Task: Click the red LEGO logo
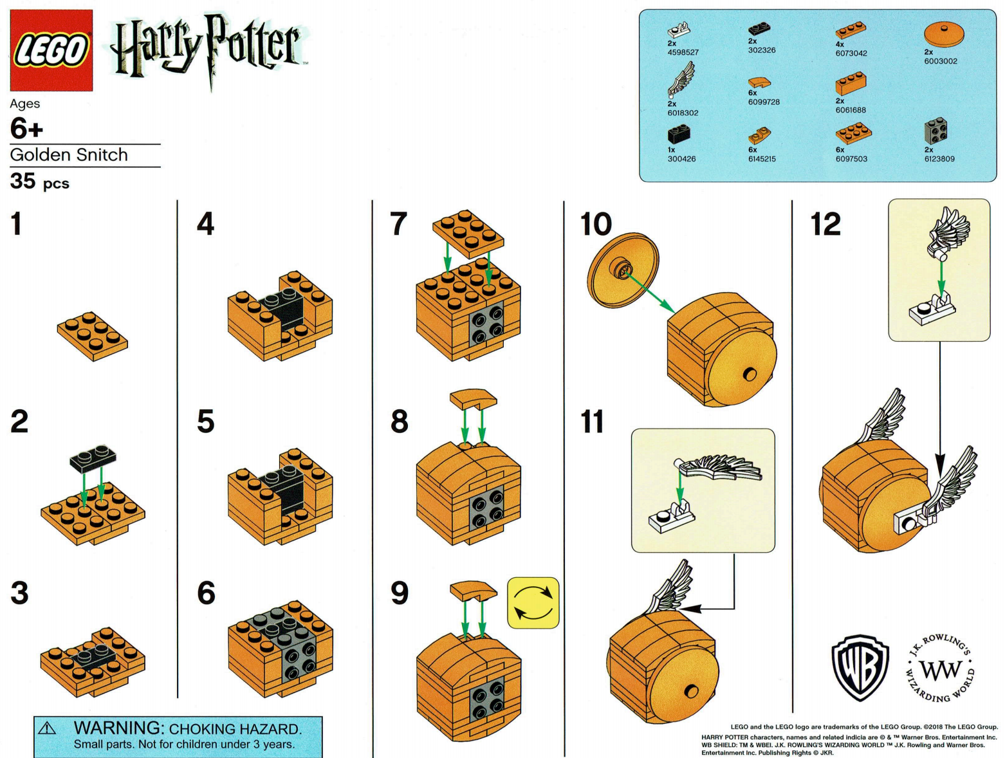coord(51,50)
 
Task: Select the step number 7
coord(399,224)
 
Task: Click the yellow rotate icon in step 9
coord(533,603)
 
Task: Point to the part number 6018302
coord(682,113)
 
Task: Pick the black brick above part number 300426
coord(679,134)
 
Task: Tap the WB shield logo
coord(860,667)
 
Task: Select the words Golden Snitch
coord(69,155)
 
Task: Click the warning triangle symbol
coord(47,728)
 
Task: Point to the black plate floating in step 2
coord(93,457)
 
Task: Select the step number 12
coord(825,224)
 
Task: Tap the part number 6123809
coord(939,159)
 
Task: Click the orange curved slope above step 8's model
coord(473,398)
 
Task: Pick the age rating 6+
coord(26,129)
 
